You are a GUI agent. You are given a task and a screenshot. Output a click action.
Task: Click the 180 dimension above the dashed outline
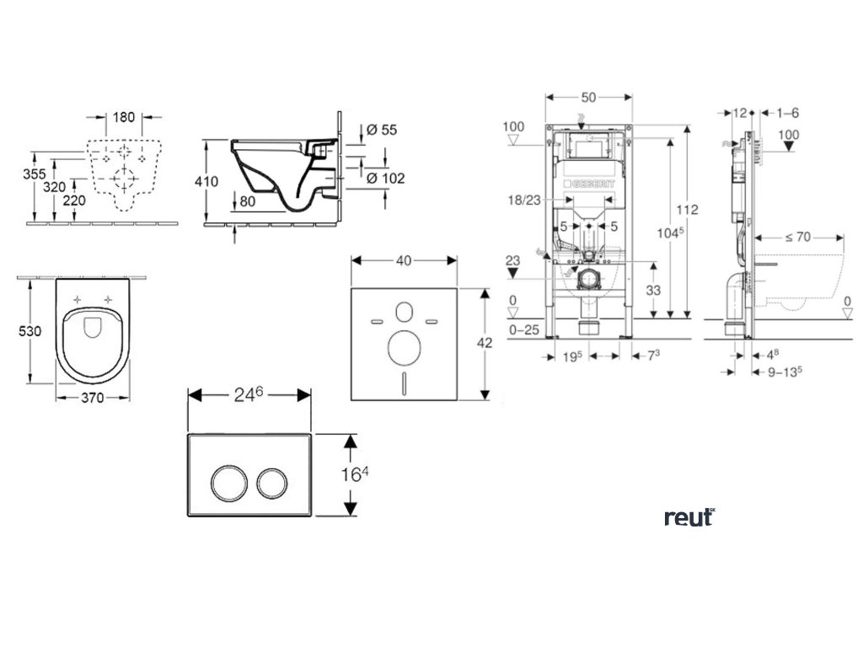click(125, 117)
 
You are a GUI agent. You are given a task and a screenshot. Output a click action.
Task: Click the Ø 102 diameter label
click(385, 178)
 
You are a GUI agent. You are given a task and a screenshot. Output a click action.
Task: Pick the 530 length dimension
click(30, 332)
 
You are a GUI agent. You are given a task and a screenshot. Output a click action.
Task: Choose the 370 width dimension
click(93, 398)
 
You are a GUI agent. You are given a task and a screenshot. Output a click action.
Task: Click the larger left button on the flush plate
click(228, 482)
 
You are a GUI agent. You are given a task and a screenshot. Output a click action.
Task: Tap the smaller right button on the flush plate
click(273, 482)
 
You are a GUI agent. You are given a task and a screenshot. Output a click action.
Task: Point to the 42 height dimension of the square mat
click(485, 343)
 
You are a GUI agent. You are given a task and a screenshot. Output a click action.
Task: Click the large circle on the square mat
click(404, 345)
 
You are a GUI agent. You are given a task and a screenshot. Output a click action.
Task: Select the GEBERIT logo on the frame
click(595, 184)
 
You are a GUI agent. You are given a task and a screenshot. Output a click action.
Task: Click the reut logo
click(689, 517)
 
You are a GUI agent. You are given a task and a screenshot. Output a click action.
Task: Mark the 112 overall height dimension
click(690, 210)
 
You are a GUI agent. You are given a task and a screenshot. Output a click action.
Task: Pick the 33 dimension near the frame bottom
click(653, 289)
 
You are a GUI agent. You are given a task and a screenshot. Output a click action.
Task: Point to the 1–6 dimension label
click(788, 112)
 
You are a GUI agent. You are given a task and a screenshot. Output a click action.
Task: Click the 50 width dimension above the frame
click(588, 97)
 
